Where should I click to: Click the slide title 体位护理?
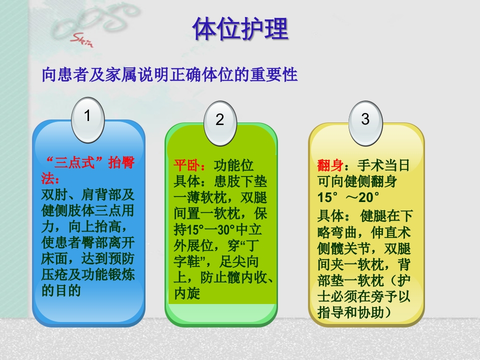240,29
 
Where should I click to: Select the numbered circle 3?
365,120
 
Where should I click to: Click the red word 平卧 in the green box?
186,165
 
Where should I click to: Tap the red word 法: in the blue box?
50,178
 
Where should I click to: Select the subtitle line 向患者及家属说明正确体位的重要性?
170,75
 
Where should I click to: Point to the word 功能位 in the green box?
234,165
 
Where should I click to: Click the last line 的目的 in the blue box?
61,290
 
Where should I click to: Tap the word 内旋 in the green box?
187,293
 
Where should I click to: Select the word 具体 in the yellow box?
330,216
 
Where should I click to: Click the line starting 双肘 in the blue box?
88,194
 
